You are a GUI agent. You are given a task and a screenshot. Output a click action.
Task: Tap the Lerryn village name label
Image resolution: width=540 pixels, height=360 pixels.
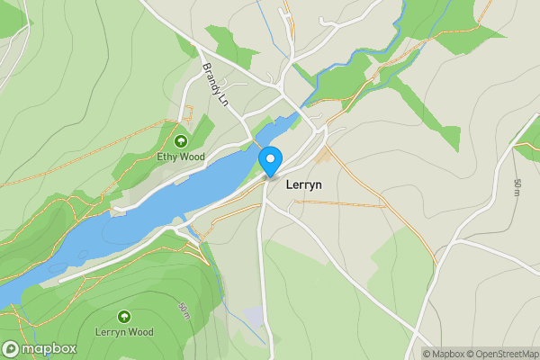[x=303, y=184]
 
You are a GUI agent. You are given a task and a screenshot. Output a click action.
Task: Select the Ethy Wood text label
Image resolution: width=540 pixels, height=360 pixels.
[x=181, y=157]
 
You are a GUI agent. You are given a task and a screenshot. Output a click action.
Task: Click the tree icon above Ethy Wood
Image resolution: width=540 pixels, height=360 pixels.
[x=181, y=140]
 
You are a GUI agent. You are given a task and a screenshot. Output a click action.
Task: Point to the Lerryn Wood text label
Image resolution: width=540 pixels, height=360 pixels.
[x=124, y=332]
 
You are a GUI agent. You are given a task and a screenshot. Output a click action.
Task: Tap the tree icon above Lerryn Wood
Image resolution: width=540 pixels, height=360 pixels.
[x=124, y=316]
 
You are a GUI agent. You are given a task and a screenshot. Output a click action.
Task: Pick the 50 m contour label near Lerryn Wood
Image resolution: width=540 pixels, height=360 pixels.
[x=184, y=311]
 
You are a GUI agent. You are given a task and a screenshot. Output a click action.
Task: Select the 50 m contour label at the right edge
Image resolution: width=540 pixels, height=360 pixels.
[x=517, y=188]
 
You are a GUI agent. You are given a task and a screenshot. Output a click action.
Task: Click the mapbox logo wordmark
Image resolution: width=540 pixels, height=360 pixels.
[x=49, y=349]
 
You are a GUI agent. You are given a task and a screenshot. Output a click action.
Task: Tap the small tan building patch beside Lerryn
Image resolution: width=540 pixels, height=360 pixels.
[x=322, y=157]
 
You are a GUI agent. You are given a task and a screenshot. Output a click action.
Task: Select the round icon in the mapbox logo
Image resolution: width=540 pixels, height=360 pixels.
[x=12, y=349]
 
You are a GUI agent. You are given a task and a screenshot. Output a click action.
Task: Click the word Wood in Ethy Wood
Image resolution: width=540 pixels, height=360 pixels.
[x=192, y=157]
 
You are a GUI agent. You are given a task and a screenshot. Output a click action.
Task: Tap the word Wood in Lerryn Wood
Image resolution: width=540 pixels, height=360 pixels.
[x=139, y=332]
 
